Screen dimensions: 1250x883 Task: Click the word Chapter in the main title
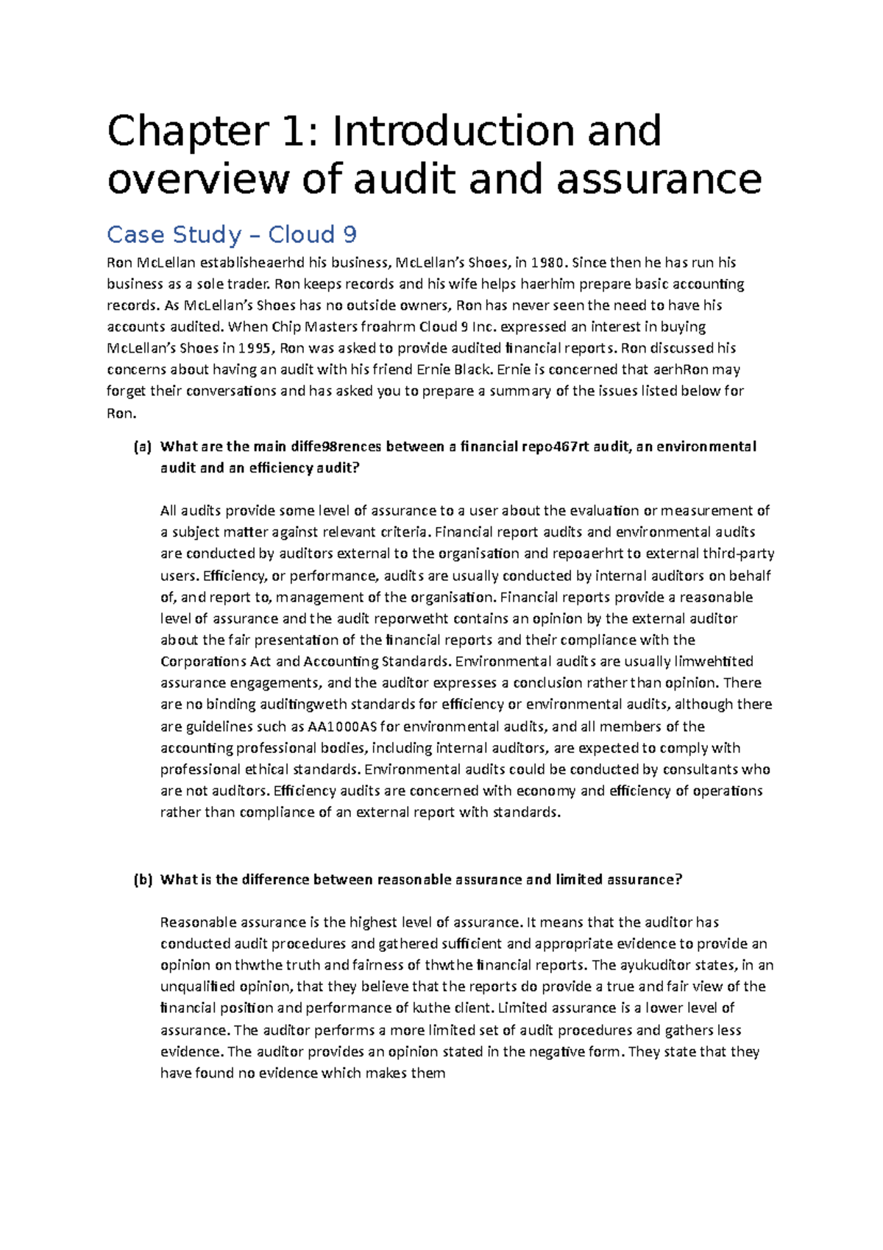point(188,131)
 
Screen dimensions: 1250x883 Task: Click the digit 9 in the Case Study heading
point(350,235)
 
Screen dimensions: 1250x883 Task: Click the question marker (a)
point(142,447)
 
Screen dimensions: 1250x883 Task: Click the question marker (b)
point(142,880)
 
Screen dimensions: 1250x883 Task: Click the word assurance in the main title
point(659,180)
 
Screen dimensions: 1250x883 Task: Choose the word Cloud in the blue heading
point(301,235)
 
